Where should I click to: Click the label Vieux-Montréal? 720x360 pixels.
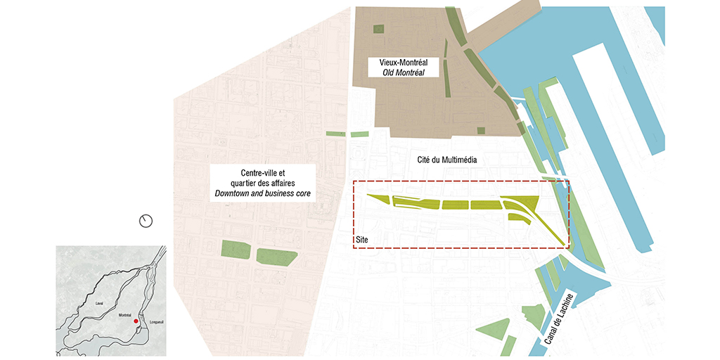point(404,63)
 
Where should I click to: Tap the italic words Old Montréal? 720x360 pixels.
point(404,72)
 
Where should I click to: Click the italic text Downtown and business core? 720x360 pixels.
point(262,193)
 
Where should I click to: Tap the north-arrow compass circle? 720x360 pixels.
point(146,221)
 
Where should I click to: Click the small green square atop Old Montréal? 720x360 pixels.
point(379,30)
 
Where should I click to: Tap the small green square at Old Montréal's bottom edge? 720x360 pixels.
point(481,130)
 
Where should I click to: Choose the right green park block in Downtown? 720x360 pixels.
point(276,256)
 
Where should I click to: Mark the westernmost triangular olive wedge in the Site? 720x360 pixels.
point(376,200)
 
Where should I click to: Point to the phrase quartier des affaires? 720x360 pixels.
point(262,182)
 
